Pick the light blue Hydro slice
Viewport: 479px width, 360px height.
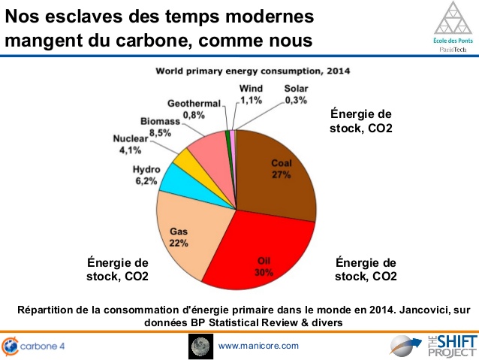[177, 179]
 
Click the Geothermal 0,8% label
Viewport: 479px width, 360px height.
[193, 109]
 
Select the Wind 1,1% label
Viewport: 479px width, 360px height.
[250, 93]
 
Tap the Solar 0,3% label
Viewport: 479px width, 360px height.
[295, 93]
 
